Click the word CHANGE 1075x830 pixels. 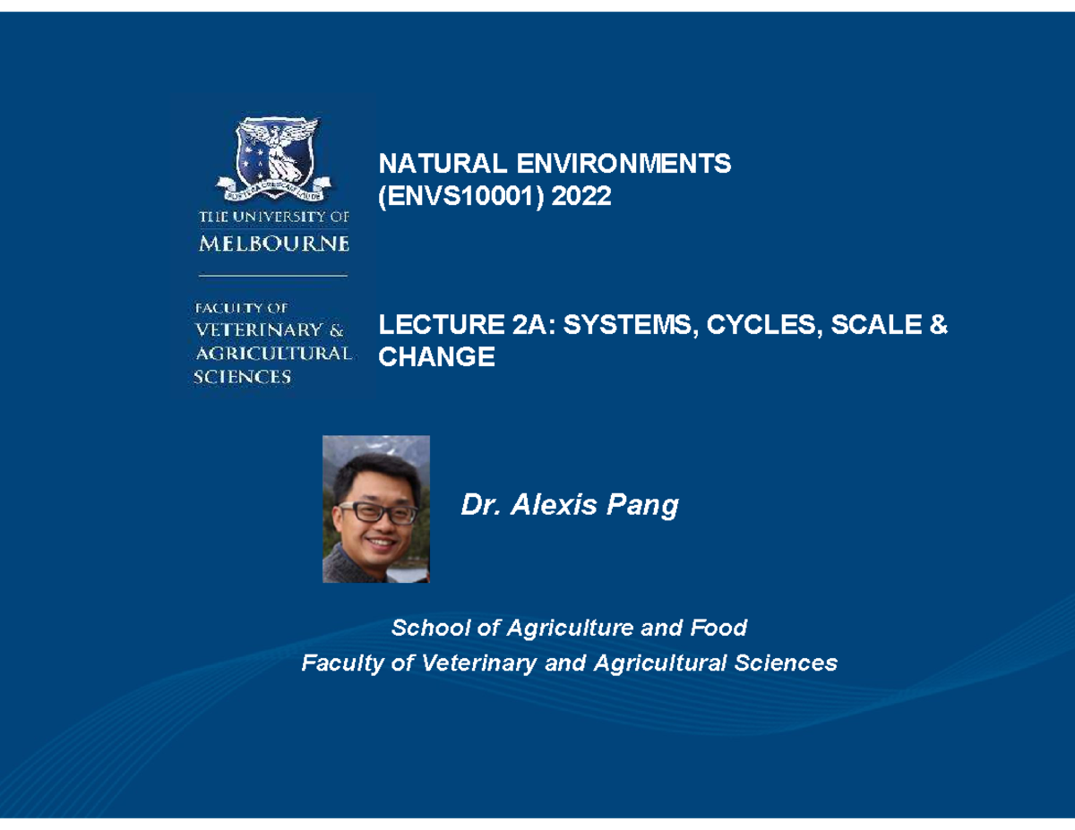click(x=436, y=357)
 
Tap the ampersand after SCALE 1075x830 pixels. click(x=938, y=326)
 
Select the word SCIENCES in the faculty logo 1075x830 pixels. click(x=243, y=377)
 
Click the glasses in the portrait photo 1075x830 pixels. click(x=377, y=513)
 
